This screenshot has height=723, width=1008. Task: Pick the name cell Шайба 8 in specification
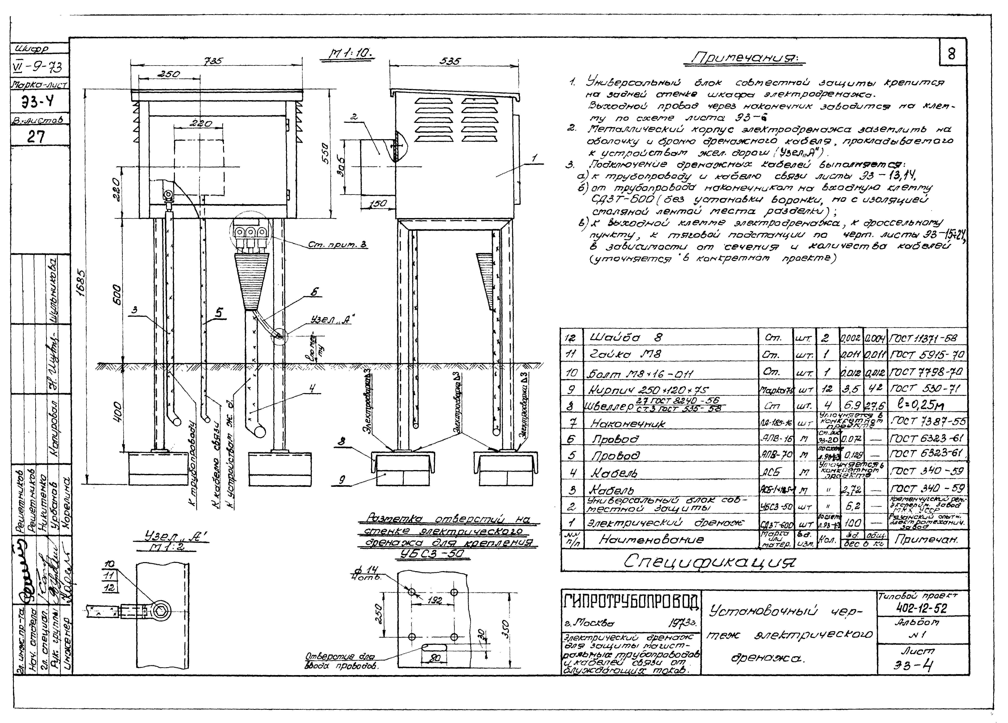click(x=627, y=338)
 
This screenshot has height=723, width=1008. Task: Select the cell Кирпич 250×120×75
click(x=644, y=390)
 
